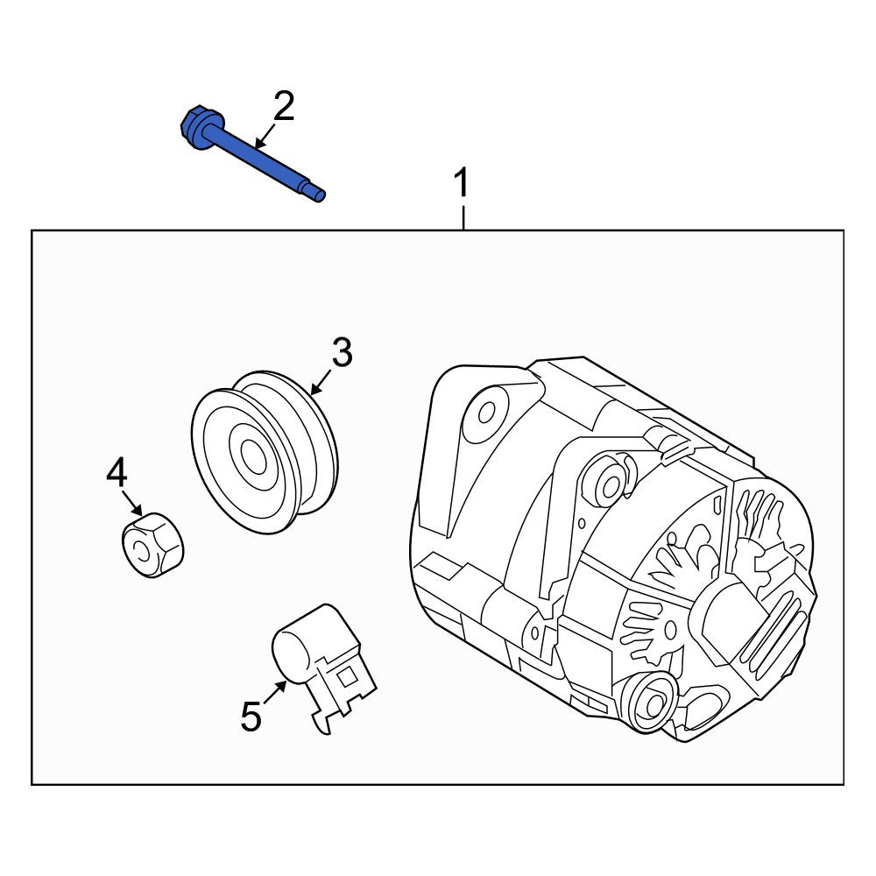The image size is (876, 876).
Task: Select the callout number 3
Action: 342,352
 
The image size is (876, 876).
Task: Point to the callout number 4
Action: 117,472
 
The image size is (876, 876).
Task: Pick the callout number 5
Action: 251,717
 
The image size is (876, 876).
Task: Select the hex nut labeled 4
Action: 153,545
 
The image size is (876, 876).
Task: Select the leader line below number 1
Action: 463,218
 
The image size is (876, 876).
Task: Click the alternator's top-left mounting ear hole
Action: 486,413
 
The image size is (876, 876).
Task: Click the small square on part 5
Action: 348,676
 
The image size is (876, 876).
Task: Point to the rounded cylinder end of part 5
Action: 290,653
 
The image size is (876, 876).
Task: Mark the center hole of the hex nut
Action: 139,551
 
